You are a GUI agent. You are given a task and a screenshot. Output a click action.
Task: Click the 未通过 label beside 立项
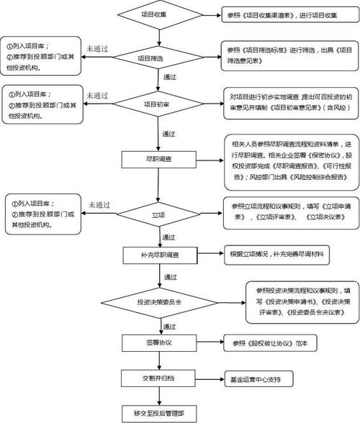point(99,205)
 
